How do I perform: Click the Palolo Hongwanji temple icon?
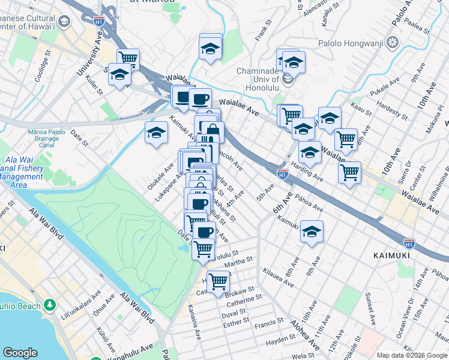coord(393,42)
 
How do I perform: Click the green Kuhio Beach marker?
coord(49,305)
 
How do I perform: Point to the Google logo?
coord(20,353)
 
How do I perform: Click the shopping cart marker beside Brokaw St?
coord(218,280)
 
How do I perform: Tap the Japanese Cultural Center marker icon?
coord(64,22)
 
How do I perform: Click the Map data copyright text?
coord(411,355)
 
